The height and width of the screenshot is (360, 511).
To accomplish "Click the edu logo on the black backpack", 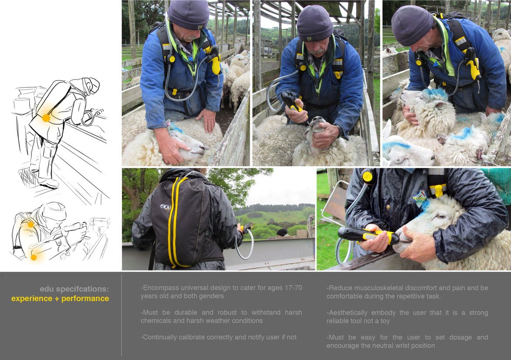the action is click(166, 207).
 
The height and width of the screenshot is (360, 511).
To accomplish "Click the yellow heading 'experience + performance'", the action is click(60, 299).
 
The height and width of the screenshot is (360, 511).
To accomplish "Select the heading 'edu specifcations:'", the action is click(74, 289).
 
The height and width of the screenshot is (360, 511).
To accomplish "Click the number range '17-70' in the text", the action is click(293, 288).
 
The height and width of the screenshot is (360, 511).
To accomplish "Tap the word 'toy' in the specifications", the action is click(385, 321).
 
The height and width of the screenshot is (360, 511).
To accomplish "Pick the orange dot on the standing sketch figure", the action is click(46, 118).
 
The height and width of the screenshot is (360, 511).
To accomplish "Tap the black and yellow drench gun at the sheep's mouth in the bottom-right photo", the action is click(368, 235).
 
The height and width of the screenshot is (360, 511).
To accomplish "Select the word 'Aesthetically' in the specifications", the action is click(348, 313).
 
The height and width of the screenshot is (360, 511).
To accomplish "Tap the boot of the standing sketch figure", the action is click(49, 183).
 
